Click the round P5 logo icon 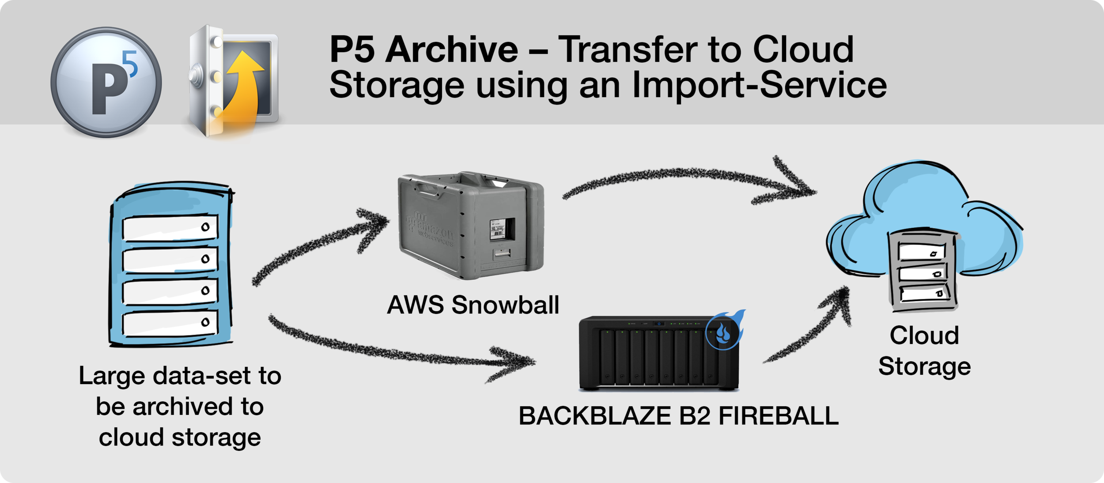[x=106, y=83]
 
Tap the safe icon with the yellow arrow [x=233, y=80]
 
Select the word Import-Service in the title [x=759, y=85]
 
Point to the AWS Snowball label [x=473, y=305]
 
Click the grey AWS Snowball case [x=471, y=225]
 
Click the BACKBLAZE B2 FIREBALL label [x=678, y=416]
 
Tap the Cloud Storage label [x=924, y=351]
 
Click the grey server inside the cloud [x=923, y=271]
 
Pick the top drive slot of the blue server [x=170, y=228]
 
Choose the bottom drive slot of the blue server [x=170, y=323]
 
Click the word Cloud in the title [x=803, y=49]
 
